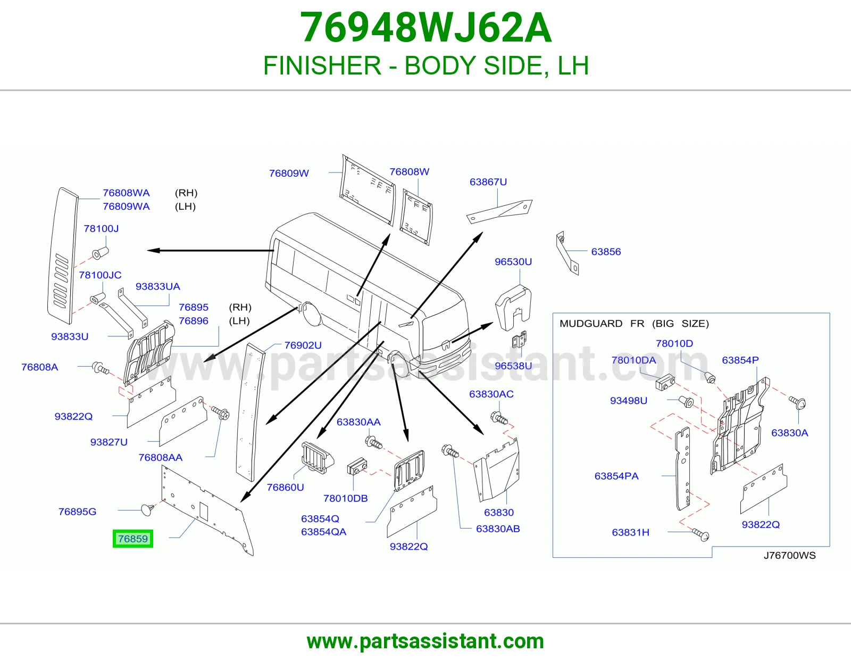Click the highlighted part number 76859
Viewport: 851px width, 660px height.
[133, 539]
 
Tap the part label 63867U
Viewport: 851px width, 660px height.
[488, 182]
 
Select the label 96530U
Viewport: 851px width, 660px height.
[513, 261]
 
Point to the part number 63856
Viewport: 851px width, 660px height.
[606, 252]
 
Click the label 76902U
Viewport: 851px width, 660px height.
[303, 345]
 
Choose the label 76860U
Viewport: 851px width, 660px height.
[285, 487]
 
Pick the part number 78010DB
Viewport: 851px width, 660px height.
[345, 498]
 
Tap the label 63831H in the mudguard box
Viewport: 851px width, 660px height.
[630, 532]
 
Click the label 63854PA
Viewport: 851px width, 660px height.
[616, 476]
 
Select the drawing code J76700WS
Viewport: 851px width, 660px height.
[789, 555]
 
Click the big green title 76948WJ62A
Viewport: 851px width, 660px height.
[425, 28]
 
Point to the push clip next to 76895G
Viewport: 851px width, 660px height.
[148, 509]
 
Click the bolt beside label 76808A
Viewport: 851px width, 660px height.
[100, 368]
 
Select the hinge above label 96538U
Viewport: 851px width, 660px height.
[519, 340]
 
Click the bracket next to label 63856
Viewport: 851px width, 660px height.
[567, 253]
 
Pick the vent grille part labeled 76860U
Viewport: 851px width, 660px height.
[318, 458]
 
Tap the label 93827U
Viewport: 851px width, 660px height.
[109, 442]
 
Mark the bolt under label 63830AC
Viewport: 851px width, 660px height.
[499, 418]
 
